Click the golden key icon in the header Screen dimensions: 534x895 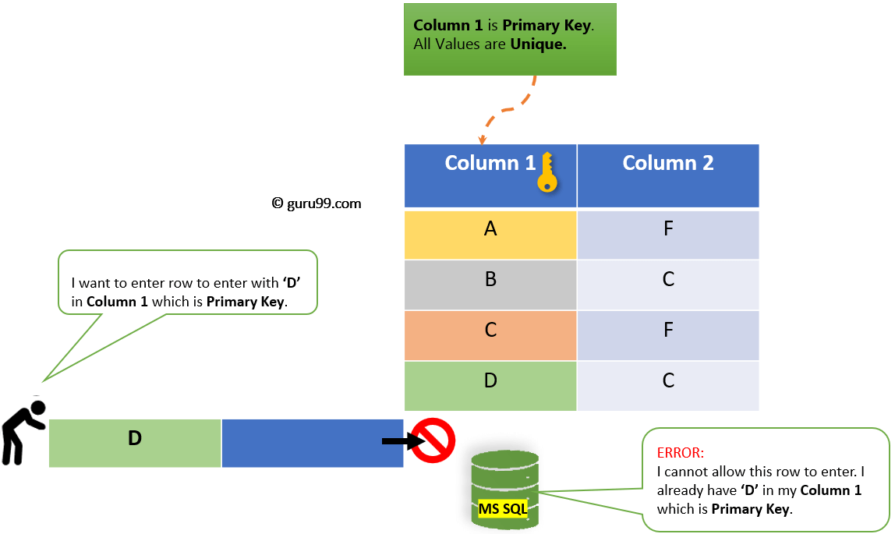coord(547,173)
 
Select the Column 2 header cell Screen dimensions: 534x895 coord(667,175)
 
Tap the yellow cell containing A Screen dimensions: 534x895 coord(490,234)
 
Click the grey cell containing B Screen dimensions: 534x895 coord(490,285)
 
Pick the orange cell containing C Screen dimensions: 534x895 coord(490,335)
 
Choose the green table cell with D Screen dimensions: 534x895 coord(490,385)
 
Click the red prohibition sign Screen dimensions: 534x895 coord(433,441)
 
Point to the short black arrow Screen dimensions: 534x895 coord(398,441)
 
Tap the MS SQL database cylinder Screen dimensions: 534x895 coord(504,487)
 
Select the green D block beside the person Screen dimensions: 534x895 coord(135,443)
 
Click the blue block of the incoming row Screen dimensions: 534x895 coord(312,443)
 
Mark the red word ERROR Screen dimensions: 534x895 coord(681,453)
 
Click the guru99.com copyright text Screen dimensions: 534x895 coord(317,203)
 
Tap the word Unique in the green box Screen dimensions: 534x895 coord(538,44)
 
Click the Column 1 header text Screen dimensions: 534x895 coord(490,163)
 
